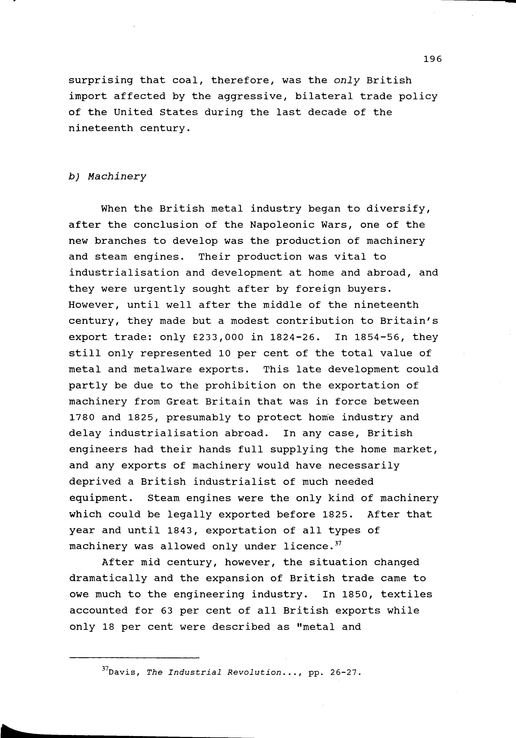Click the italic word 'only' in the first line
(x=347, y=80)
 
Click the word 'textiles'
(x=406, y=595)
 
